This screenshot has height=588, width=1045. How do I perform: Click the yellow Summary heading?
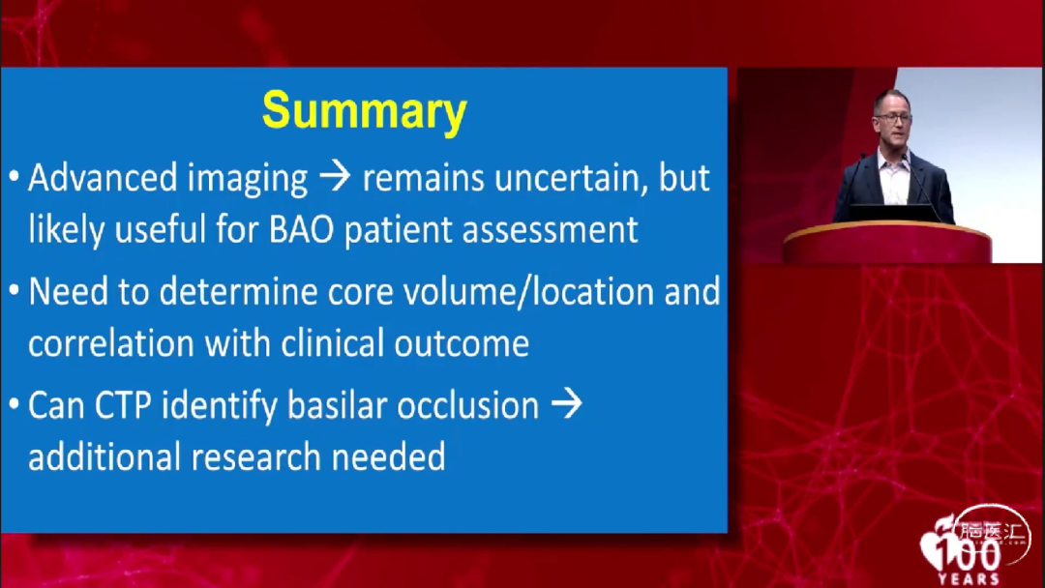(x=365, y=110)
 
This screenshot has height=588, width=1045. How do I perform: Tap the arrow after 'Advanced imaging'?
(x=335, y=176)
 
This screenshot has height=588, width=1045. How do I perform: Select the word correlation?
(x=111, y=343)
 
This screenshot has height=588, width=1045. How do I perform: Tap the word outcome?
(x=462, y=344)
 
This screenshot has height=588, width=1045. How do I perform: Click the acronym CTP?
(x=123, y=405)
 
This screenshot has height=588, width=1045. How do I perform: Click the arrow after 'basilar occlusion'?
(x=566, y=404)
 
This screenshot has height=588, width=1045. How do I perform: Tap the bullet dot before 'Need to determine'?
(x=14, y=290)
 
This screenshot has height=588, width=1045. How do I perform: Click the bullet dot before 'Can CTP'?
(x=14, y=404)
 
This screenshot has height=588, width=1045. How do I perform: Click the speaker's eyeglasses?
(x=894, y=117)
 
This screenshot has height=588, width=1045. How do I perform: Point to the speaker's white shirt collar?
(x=893, y=162)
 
